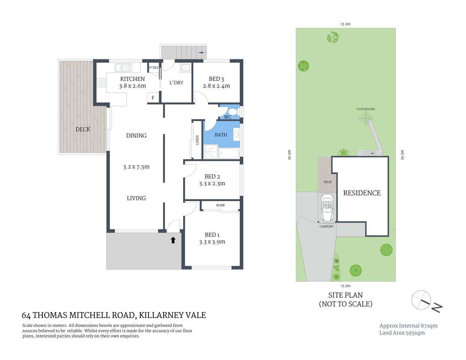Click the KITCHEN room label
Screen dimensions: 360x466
[x=132, y=79]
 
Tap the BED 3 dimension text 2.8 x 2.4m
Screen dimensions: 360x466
[x=216, y=86]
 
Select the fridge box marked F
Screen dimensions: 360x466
[x=153, y=98]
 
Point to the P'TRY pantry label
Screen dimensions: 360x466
[x=154, y=68]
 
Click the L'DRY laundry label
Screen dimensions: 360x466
[x=176, y=82]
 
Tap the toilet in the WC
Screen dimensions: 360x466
[x=233, y=111]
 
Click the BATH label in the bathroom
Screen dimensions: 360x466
[x=221, y=135]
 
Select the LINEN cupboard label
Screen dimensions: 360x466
[x=197, y=140]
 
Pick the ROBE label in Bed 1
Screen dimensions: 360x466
[x=221, y=205]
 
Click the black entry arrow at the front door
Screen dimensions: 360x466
[x=173, y=240]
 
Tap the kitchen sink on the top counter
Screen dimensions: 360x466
[x=123, y=68]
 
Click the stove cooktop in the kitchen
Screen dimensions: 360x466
[x=101, y=82]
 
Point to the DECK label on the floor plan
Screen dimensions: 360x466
[x=83, y=129]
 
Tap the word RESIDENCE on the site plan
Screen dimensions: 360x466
[x=362, y=193]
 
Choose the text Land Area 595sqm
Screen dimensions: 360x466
[x=402, y=333]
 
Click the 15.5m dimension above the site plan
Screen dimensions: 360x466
[x=345, y=24]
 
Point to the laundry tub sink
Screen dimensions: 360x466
[x=185, y=68]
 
